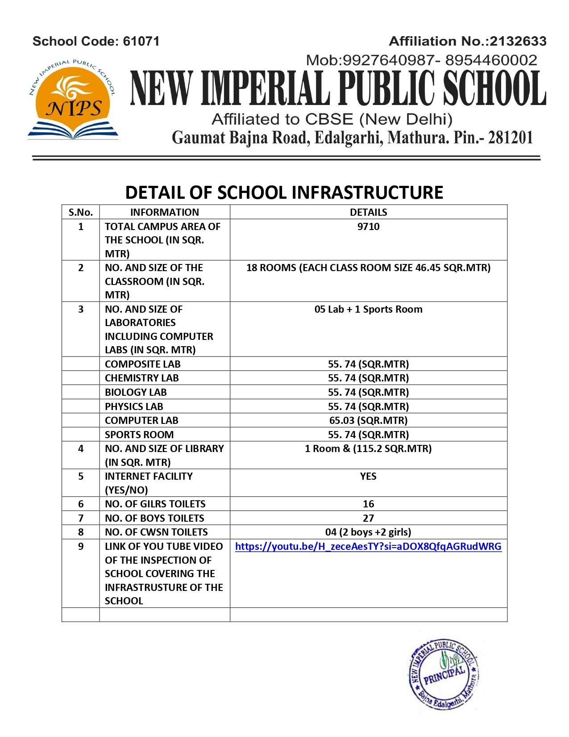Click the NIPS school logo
point(73,99)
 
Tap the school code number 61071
point(141,42)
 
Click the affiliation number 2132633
point(518,42)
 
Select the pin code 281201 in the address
point(511,138)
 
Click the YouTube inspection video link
point(368,546)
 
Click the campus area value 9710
point(368,226)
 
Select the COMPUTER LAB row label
point(141,420)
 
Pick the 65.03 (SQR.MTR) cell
point(368,420)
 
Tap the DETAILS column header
point(368,212)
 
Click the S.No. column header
point(81,212)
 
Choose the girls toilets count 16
point(368,504)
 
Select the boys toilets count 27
point(368,518)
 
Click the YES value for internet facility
point(368,476)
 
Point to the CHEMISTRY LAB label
point(141,378)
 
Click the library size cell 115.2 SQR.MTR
point(368,448)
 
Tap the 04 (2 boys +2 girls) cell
point(368,532)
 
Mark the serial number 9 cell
point(81,546)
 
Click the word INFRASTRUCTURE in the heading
point(367,193)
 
